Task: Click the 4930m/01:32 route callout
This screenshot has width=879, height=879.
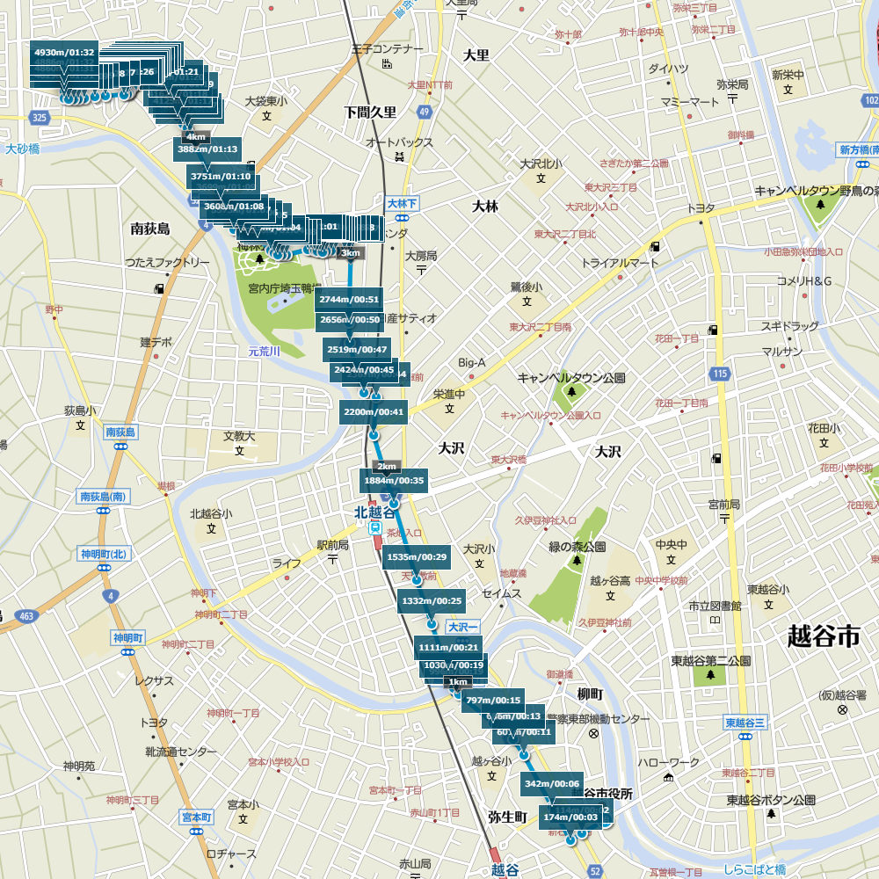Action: tap(63, 53)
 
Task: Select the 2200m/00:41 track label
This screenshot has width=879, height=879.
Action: tap(374, 412)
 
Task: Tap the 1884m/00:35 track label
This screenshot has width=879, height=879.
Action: tap(394, 481)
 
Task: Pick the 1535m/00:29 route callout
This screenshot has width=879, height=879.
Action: tap(417, 557)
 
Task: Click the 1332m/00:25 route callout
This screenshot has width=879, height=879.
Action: tap(431, 601)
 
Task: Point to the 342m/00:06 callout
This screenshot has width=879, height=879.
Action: tap(552, 783)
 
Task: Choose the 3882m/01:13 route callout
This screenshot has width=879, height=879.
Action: tap(207, 149)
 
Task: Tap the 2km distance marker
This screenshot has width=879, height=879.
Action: tap(387, 466)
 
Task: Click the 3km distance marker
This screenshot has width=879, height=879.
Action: tap(350, 253)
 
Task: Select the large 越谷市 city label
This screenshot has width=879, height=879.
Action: tap(824, 636)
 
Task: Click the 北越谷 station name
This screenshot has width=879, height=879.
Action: tap(374, 512)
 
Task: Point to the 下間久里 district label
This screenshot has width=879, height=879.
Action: tap(370, 113)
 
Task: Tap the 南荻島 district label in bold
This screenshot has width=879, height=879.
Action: tap(149, 229)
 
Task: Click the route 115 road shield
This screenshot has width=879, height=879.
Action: tap(720, 374)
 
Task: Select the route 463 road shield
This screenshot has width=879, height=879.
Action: tap(25, 616)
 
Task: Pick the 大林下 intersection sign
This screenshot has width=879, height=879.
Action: tap(403, 203)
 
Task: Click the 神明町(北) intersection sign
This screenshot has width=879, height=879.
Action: tap(104, 554)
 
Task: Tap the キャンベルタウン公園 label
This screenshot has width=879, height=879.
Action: tap(571, 378)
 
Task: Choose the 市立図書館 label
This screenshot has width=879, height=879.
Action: tap(715, 606)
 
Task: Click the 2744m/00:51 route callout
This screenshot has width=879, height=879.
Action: tap(350, 300)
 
